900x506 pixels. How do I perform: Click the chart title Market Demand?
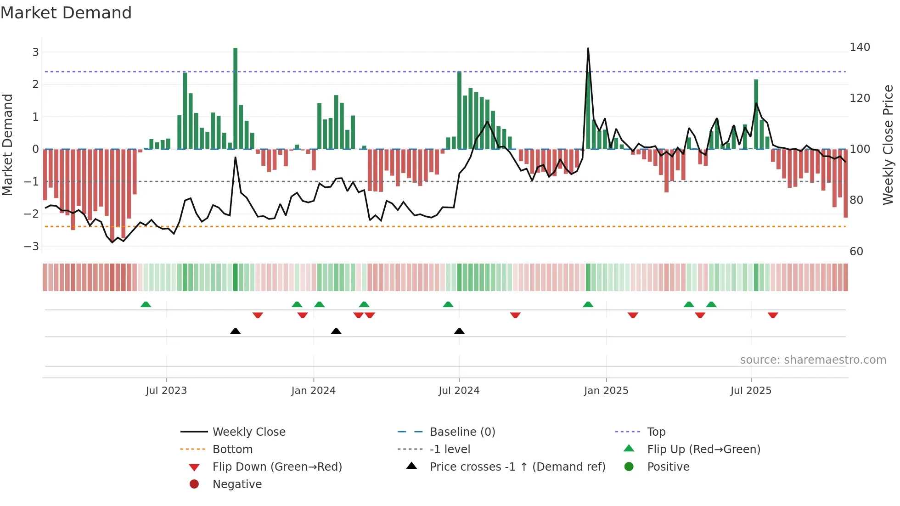point(66,12)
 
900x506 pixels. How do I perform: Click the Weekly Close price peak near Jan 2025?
point(588,49)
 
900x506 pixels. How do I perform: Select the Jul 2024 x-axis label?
point(459,390)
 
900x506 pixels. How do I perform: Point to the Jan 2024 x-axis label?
point(313,390)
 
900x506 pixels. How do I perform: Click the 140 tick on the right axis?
point(860,47)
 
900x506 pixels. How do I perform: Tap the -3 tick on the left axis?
point(31,246)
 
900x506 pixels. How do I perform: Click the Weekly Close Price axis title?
point(888,145)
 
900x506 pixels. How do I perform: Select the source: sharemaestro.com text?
point(813,360)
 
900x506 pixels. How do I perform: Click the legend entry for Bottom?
point(232,449)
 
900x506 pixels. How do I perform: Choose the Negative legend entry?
point(237,484)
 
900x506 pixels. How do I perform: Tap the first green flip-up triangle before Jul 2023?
point(146,304)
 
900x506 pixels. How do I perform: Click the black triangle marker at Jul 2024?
point(459,331)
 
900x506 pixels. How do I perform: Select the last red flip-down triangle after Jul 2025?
point(773,315)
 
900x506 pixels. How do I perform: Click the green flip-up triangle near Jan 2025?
point(588,304)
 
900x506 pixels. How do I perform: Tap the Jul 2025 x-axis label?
point(751,390)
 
